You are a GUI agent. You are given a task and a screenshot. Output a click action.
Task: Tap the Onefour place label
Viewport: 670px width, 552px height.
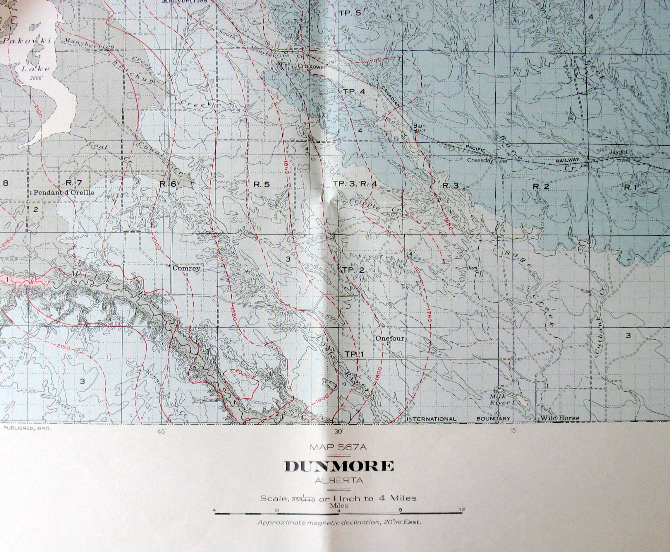[x=390, y=338]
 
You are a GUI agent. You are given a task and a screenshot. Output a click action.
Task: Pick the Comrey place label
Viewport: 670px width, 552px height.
[x=186, y=268]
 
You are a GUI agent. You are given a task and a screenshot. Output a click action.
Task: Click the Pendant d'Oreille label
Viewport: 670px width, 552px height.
[x=64, y=192]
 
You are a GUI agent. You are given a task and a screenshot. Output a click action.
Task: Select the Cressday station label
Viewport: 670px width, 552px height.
[x=480, y=160]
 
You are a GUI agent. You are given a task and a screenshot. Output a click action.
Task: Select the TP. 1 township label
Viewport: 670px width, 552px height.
[x=354, y=354]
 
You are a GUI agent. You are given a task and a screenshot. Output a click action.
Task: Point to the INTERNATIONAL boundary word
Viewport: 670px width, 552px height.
[x=432, y=419]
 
